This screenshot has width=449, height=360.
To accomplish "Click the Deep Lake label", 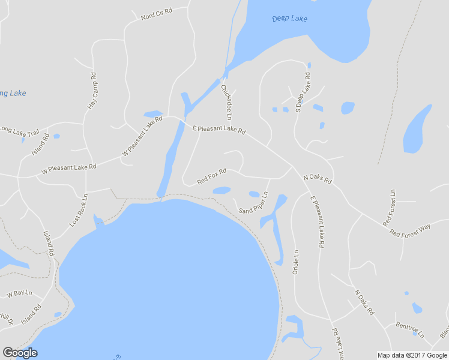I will tap(289, 19).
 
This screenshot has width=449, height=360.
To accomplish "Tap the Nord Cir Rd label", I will tap(156, 15).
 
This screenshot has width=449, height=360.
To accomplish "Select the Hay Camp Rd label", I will tap(92, 91).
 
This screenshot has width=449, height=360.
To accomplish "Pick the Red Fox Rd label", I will tap(211, 176).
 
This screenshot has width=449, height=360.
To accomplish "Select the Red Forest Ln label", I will tap(393, 203).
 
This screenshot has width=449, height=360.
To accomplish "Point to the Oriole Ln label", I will tap(295, 262).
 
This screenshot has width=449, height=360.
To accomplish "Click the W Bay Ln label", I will tap(19, 294).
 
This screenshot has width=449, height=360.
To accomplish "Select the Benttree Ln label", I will tap(410, 329).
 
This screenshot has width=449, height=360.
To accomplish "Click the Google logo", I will tap(20, 353).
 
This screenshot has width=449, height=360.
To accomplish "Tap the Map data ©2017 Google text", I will tap(412, 355).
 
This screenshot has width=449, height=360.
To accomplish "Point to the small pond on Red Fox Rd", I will tap(221, 190).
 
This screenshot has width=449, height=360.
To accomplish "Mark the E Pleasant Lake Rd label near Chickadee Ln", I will tap(218, 129).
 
